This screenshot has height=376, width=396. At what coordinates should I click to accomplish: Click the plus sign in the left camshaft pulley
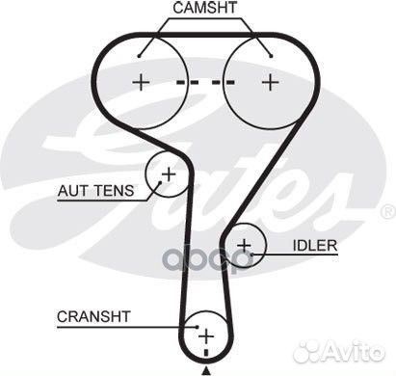tap(141, 82)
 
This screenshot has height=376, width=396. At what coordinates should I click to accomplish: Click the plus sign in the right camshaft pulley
tap(270, 82)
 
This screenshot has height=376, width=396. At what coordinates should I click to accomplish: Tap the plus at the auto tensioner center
tap(168, 175)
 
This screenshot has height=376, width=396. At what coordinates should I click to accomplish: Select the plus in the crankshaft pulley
tap(204, 335)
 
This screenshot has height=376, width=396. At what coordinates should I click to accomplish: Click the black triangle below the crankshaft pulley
tap(205, 369)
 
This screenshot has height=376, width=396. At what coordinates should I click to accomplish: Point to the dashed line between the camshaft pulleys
tap(205, 82)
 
